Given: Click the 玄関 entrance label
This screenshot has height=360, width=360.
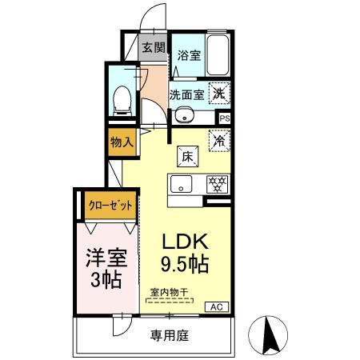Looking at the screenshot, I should (152, 47).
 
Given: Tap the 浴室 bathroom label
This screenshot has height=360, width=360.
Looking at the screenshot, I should (189, 55).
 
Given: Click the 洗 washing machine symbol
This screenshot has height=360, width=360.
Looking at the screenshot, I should (219, 93).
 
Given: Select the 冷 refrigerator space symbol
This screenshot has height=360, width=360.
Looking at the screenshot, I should (218, 139).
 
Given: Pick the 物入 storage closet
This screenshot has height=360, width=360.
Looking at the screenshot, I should (121, 143).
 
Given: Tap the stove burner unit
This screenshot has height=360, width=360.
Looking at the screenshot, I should (216, 183).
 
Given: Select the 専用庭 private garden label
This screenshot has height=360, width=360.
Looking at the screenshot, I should (169, 335).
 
